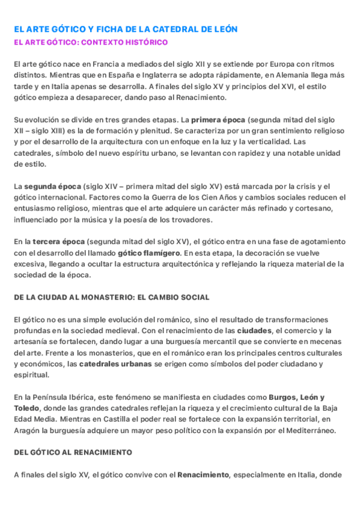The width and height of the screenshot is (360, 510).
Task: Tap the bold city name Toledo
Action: point(26,408)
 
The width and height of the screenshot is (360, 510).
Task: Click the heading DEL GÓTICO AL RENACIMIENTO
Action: point(73,452)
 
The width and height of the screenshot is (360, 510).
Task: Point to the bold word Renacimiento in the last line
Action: point(203,475)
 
